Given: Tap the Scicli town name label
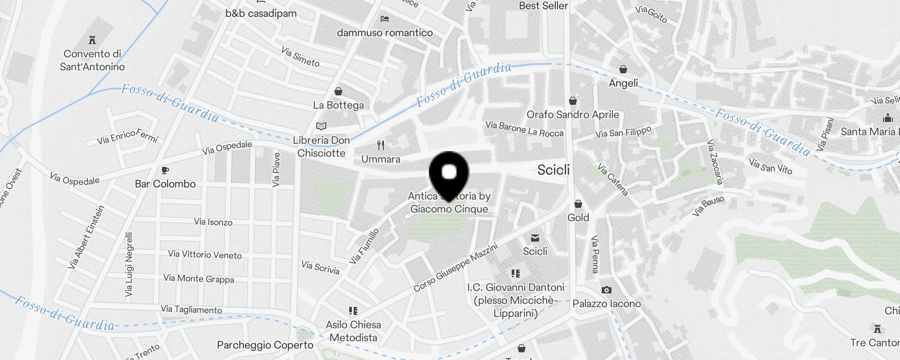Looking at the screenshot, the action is tap(553, 170).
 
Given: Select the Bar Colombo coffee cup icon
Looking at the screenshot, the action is tap(165, 170).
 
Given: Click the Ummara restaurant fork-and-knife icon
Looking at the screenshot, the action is tap(381, 145).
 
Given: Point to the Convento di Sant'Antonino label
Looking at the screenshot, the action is tap(92, 60).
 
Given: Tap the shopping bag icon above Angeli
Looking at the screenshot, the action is tap(623, 69).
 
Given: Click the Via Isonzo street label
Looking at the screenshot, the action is tap(213, 222).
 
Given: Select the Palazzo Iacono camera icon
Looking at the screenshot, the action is tap(606, 290).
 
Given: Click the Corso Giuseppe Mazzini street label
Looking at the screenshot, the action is tap(455, 267).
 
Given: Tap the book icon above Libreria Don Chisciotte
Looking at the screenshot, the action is tap(321, 126).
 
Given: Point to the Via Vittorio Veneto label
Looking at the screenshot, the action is tap(205, 255).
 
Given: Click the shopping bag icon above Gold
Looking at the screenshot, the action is tap(578, 204).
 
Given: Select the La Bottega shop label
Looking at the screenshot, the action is tap(338, 105).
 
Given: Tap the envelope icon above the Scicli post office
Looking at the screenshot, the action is tap(535, 238).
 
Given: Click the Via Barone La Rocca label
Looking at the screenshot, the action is tap(524, 129).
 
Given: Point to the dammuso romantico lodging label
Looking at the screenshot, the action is tap(385, 32).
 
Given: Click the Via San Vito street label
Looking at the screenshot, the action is tap(770, 166).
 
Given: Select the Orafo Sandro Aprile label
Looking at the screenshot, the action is tap(573, 114).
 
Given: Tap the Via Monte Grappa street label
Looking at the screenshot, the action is tap(198, 279).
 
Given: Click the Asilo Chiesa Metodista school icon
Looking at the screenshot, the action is tap(353, 310).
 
